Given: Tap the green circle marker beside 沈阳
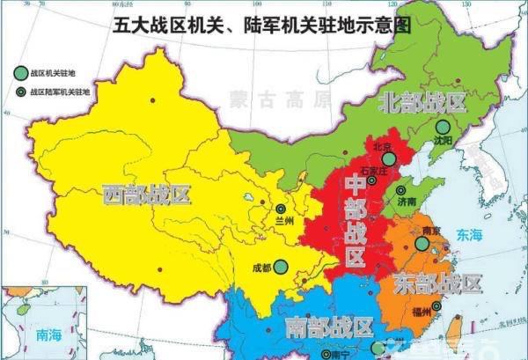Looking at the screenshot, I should pos(442,127).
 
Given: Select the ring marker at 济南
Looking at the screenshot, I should pos(401,190).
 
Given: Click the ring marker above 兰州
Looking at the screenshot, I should pos(281,209).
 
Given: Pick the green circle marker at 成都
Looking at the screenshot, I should pos(280,266).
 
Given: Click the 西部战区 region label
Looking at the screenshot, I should pos(146,194).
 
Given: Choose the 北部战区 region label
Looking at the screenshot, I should pos(422,102).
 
